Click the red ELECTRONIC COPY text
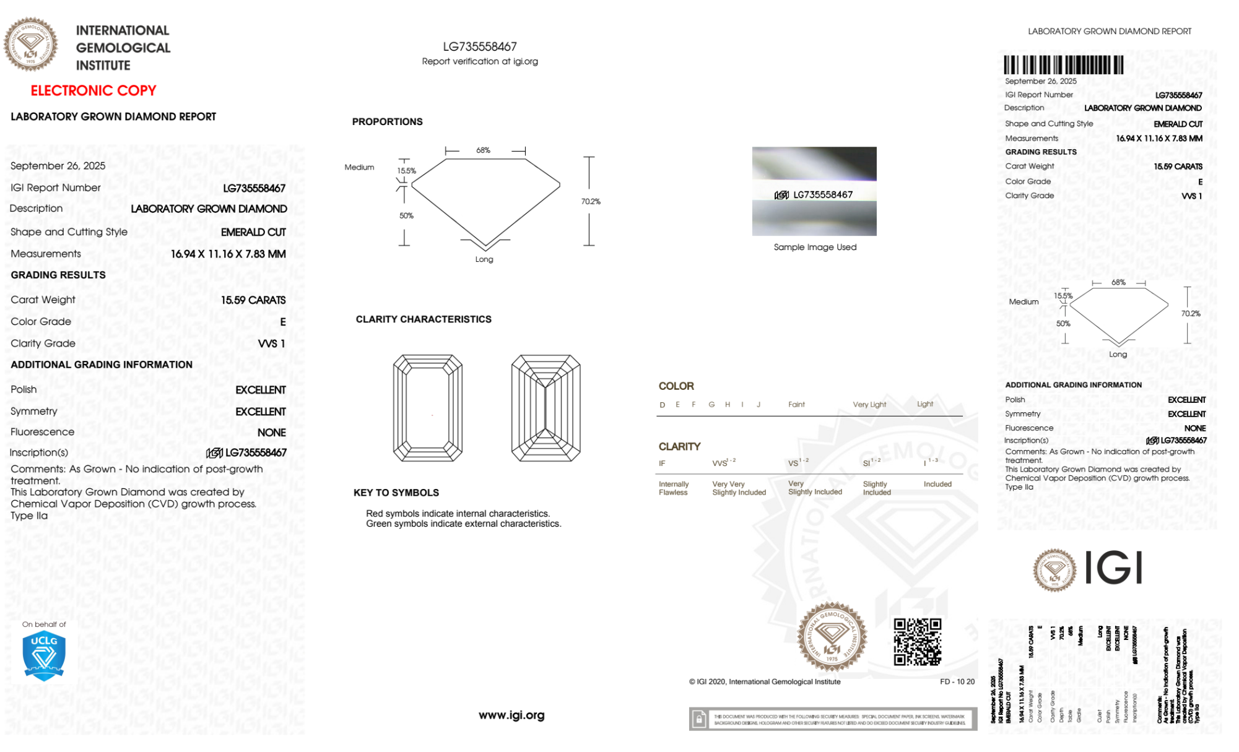[93, 90]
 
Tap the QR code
[917, 642]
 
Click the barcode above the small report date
[1063, 65]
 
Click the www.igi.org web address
[511, 715]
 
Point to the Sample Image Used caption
[815, 247]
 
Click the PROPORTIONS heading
[387, 122]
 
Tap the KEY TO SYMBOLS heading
[396, 493]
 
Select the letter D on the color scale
[663, 405]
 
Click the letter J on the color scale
[759, 405]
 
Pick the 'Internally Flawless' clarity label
[673, 488]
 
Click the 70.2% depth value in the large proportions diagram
[591, 202]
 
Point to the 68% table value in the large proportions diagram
[483, 150]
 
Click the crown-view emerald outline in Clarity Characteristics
[428, 408]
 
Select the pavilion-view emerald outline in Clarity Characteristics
[546, 408]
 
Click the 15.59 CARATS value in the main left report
[253, 300]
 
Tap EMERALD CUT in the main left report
[253, 232]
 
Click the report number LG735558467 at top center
[480, 46]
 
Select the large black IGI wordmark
[1114, 568]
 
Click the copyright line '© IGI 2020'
[765, 681]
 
